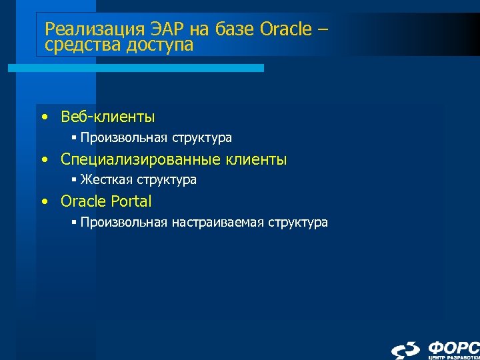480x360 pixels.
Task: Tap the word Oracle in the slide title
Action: [x=287, y=30]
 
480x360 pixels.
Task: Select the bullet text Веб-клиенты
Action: [x=107, y=117]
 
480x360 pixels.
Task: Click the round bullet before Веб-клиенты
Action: [x=43, y=118]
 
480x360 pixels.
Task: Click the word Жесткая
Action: [x=106, y=180]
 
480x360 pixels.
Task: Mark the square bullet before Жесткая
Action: [x=74, y=181]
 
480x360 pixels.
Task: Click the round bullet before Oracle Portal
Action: [x=43, y=202]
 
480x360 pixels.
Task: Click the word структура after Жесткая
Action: [x=167, y=180]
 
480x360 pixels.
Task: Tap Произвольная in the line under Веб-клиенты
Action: [x=123, y=138]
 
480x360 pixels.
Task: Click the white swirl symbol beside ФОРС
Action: [x=405, y=349]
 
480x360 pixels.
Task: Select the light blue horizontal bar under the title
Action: [x=136, y=68]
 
